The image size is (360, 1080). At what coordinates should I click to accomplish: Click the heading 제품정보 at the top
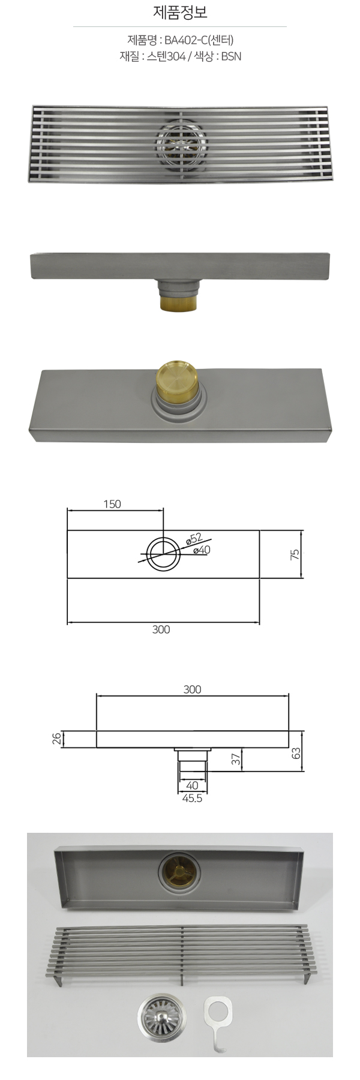[180, 12]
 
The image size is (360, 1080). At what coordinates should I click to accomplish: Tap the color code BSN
[231, 58]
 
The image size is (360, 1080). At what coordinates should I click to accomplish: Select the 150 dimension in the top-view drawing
[112, 504]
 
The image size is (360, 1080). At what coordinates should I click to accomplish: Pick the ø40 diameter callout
[202, 549]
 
